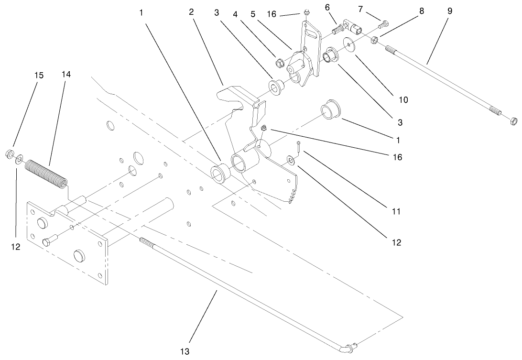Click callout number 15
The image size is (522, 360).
[39, 75]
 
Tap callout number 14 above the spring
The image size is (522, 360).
[66, 75]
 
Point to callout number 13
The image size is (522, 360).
[185, 351]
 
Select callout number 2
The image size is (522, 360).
[191, 11]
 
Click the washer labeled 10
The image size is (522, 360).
[351, 45]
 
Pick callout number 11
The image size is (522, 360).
[395, 211]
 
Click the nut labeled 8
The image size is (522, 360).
[375, 39]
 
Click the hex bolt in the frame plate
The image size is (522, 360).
[48, 240]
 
